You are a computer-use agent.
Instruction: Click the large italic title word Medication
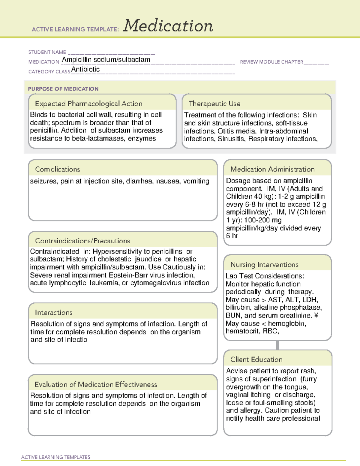tap(168, 26)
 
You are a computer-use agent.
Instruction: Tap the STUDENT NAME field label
tap(47, 52)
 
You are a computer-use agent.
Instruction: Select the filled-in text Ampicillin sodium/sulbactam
tap(106, 60)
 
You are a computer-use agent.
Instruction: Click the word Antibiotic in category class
tap(85, 69)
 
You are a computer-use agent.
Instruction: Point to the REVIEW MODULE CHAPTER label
tap(271, 62)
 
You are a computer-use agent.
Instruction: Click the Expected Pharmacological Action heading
tap(88, 104)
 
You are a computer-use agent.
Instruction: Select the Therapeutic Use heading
tap(214, 104)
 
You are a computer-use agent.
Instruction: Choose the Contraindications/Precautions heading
tap(82, 241)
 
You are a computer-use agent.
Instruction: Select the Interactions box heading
tap(54, 312)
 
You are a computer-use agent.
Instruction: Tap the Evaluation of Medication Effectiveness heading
tap(96, 384)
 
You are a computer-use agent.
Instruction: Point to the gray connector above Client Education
tap(277, 345)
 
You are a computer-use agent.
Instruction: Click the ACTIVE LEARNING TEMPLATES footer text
tap(56, 457)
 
